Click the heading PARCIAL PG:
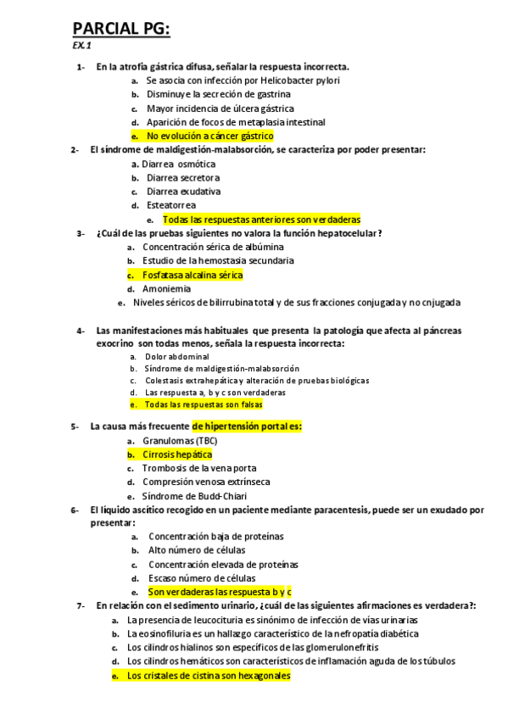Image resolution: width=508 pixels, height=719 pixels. tap(121, 31)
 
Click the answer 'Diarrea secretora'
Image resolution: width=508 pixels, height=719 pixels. tap(183, 178)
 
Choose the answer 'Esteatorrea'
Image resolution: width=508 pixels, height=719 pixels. tap(171, 205)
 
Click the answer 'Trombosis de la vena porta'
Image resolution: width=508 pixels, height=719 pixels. tap(199, 468)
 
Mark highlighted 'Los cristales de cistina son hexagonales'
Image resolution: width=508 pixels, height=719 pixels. tap(208, 676)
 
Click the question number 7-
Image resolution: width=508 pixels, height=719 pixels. tap(81, 606)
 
